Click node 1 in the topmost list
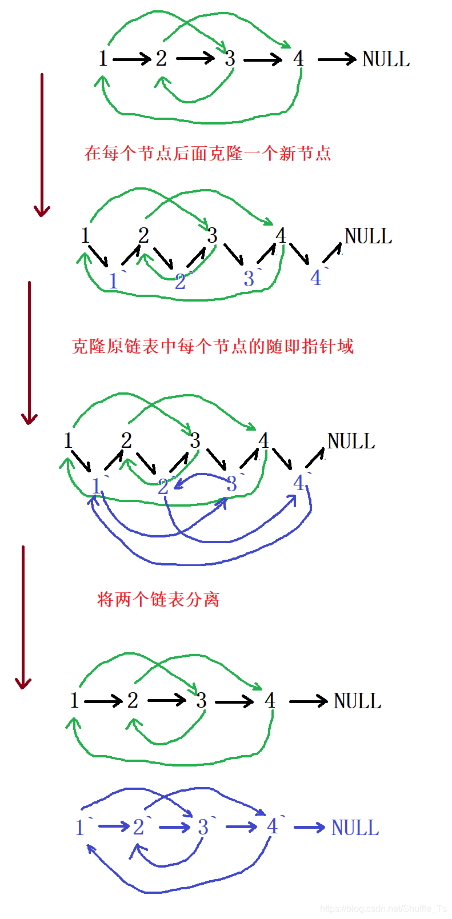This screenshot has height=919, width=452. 103,58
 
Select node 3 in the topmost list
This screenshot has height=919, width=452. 230,58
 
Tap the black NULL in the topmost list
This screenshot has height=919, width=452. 386,59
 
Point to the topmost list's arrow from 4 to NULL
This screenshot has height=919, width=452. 337,59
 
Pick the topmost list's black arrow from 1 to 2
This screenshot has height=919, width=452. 132,59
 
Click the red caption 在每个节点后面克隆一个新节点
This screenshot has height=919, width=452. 208,153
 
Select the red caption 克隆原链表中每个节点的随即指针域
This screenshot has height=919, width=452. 213,346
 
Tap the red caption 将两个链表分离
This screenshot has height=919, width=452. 158,599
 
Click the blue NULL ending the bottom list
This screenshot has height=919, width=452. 355,828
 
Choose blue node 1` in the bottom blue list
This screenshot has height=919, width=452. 81,827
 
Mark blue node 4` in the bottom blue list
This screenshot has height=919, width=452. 274,826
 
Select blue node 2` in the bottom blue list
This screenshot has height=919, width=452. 141,826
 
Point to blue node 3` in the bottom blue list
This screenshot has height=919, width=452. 205,826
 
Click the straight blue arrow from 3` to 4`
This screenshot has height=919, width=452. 241,827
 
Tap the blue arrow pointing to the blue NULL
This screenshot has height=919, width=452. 309,827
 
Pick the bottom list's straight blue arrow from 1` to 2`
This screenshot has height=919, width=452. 114,826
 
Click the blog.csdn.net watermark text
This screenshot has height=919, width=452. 383,908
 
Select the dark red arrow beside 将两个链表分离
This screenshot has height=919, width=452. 23,617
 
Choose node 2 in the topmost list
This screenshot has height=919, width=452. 162,58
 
